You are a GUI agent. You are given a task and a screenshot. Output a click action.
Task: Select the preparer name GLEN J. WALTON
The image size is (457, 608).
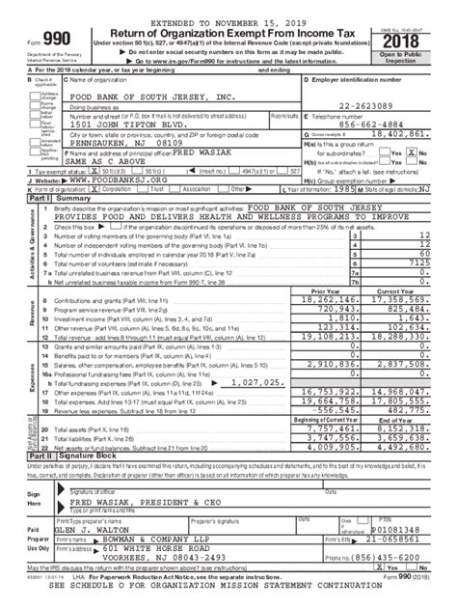(88, 529)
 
